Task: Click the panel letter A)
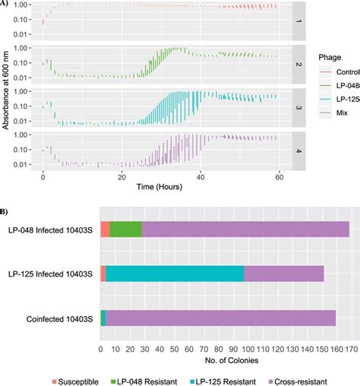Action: tap(5, 4)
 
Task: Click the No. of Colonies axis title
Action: tap(226, 359)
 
